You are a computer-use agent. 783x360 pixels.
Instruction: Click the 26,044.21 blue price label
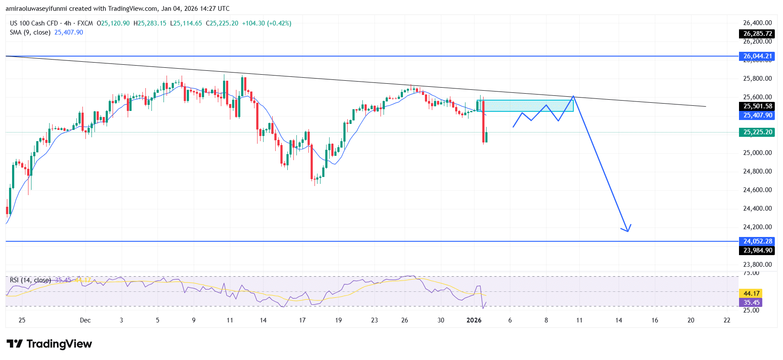pos(757,56)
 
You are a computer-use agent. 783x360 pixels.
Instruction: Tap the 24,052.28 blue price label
pos(757,241)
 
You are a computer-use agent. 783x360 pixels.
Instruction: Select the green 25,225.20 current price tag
pos(757,132)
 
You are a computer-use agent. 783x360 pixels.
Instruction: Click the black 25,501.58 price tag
pos(757,106)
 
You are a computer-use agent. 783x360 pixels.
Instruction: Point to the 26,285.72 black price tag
pos(757,34)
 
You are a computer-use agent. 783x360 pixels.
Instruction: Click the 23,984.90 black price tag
pos(757,250)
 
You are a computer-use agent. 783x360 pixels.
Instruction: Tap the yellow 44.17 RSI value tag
pos(751,294)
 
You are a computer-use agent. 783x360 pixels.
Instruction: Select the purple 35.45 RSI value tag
pos(751,303)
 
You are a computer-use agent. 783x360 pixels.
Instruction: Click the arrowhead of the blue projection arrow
pos(627,230)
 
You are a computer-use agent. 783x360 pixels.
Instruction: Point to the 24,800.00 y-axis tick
pos(757,171)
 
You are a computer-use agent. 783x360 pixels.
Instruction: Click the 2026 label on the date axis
pos(474,320)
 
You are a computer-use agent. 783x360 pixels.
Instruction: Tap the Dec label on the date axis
pos(85,320)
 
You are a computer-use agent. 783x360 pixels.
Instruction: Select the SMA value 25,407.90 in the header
pos(69,32)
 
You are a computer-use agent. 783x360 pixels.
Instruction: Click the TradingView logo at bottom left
pos(49,344)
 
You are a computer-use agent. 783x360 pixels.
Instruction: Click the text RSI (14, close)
pos(30,280)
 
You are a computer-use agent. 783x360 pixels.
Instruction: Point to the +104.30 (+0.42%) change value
pos(266,23)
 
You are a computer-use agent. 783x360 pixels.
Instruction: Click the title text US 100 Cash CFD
pos(34,23)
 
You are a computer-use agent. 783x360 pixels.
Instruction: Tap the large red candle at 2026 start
pos(483,121)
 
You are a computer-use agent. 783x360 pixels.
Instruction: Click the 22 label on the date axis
pos(727,320)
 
